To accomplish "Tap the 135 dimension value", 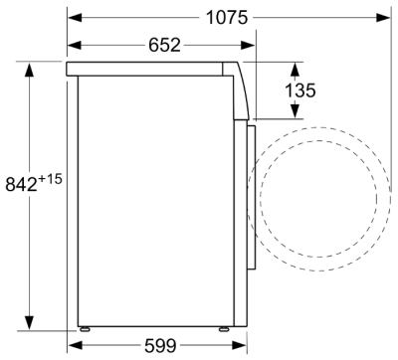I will [299, 90].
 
